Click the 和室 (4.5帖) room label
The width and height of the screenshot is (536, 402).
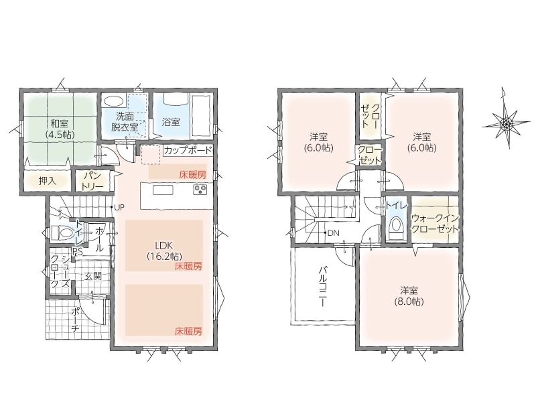click(x=60, y=128)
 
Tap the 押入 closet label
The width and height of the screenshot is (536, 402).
click(x=47, y=181)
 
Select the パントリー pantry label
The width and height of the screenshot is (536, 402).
click(x=92, y=181)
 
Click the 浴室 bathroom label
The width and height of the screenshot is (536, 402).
click(x=171, y=122)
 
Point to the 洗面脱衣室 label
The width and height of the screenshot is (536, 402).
click(x=125, y=121)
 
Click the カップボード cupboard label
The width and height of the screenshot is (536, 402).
click(x=188, y=150)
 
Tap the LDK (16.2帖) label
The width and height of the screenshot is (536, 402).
click(x=164, y=251)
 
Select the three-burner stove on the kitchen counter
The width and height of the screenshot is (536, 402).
click(x=200, y=190)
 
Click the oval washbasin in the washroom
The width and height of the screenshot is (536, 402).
click(x=114, y=101)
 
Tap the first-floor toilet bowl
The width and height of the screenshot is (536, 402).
click(x=62, y=234)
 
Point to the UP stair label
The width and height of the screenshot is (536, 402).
click(x=119, y=207)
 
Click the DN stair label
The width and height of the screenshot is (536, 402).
click(x=333, y=233)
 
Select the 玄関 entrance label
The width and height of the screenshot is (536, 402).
click(x=92, y=276)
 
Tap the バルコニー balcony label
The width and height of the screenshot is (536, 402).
click(x=323, y=287)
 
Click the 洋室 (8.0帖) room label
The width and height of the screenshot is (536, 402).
click(x=409, y=296)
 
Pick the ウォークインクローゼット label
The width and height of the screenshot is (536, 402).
click(x=435, y=223)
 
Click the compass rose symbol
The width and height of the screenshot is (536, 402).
click(x=506, y=122)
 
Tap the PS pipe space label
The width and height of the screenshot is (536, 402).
click(x=77, y=252)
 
